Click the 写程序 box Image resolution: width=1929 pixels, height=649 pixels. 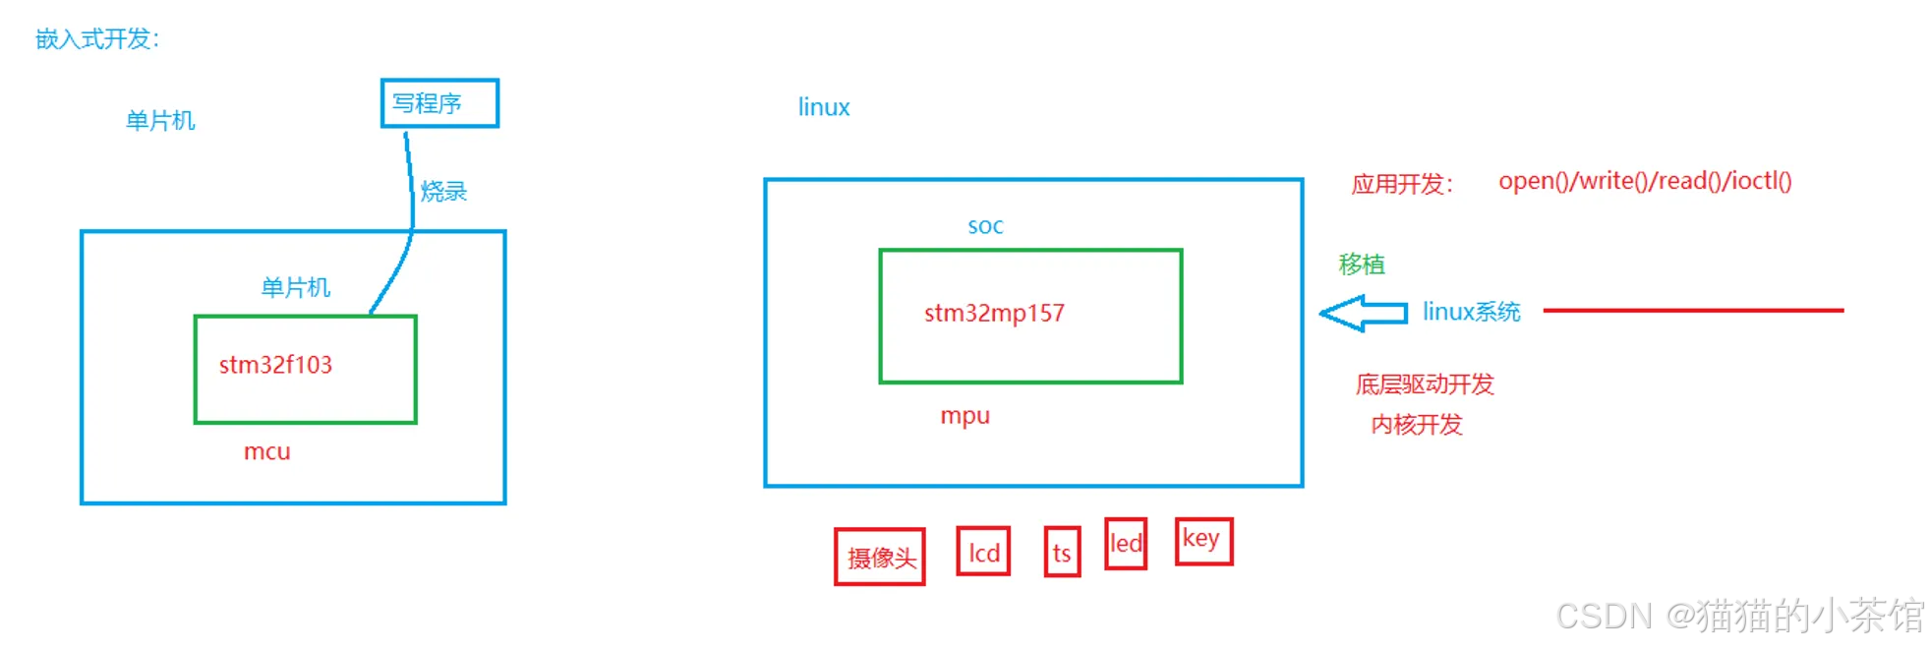click(439, 103)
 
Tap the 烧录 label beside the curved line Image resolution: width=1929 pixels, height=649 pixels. click(443, 191)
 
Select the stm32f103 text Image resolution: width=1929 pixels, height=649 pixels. click(275, 365)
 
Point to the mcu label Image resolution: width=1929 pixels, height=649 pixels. click(266, 451)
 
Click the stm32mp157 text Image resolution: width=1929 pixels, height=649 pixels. click(994, 313)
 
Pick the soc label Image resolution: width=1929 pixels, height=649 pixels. click(985, 226)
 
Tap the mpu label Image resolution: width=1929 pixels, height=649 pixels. click(964, 415)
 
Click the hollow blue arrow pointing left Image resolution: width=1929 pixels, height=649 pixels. click(1363, 313)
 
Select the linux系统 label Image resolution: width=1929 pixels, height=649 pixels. click(1471, 312)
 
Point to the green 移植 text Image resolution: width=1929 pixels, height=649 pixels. click(1362, 264)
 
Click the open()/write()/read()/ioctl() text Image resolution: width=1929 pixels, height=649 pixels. click(1645, 181)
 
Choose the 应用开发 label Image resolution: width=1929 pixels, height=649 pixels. click(1400, 184)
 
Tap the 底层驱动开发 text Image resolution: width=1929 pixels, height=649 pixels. click(1425, 383)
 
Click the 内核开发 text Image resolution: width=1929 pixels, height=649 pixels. click(1417, 424)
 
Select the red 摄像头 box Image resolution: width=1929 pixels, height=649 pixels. click(880, 557)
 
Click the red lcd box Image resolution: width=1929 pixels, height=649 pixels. click(983, 552)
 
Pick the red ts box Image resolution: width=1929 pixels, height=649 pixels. click(1062, 553)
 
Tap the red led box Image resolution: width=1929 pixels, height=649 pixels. click(1126, 543)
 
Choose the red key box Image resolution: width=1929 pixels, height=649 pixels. click(1203, 541)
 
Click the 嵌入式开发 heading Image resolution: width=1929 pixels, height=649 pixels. click(97, 38)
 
